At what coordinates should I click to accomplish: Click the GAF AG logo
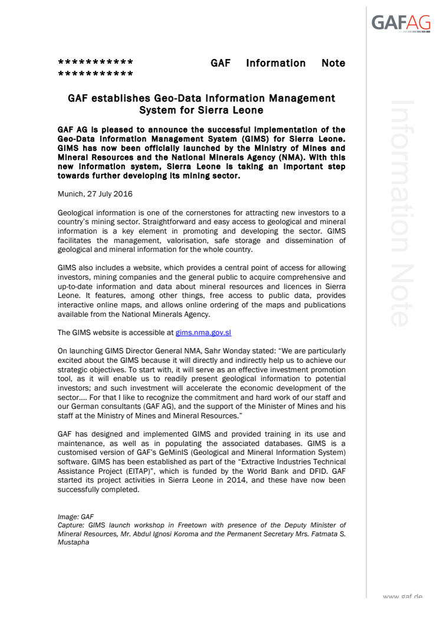coord(400,22)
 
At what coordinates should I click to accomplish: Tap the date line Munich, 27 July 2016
coord(95,194)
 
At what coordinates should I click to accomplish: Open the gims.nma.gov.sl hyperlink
coord(207,333)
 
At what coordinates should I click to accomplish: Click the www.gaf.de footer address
coord(403,597)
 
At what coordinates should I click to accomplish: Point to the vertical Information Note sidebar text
coord(399,212)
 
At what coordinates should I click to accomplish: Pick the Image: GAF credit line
coord(76,517)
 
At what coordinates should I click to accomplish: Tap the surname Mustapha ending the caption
coord(73,542)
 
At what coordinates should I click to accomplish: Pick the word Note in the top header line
coord(333,63)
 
